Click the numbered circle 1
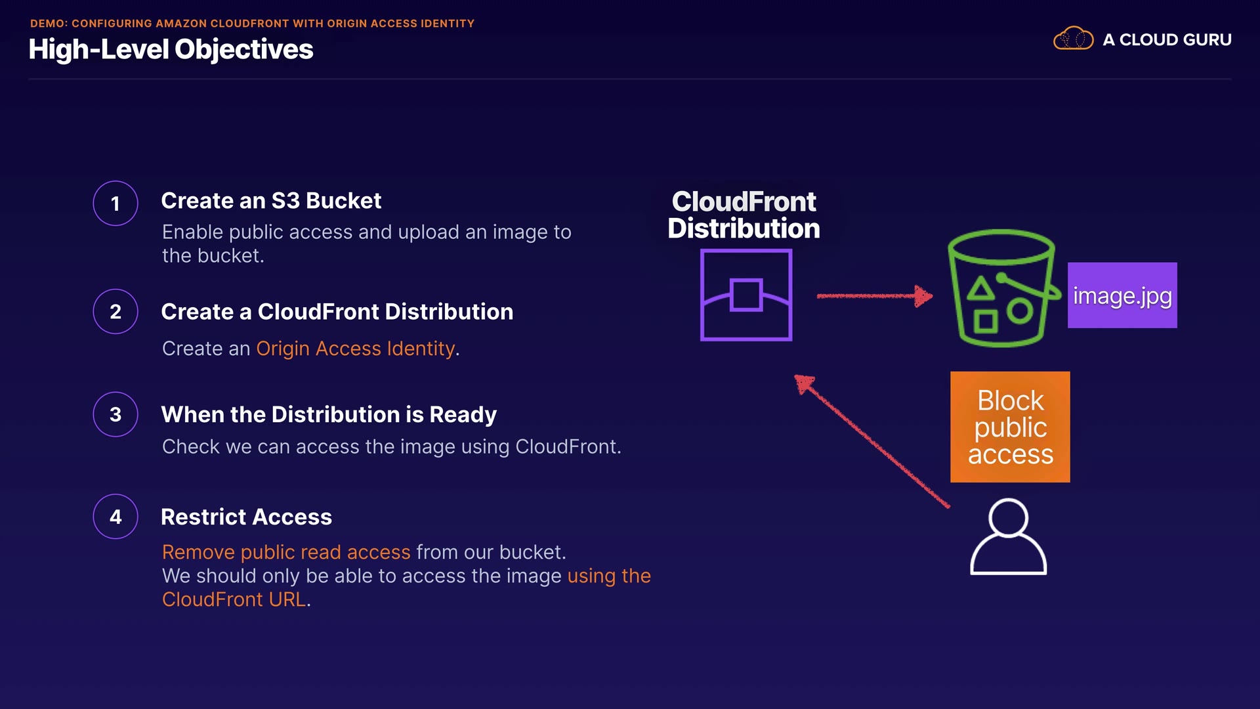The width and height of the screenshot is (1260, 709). point(115,204)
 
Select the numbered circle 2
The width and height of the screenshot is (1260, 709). point(115,311)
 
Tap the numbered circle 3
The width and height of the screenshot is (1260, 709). point(115,414)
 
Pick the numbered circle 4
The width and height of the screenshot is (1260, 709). point(115,517)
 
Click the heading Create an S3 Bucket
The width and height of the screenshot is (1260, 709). point(271,201)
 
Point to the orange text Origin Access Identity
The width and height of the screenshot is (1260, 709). point(355,349)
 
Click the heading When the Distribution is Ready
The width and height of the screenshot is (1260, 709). point(329,415)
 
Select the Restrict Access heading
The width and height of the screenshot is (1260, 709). point(246,517)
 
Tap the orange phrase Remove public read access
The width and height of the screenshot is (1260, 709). point(286,552)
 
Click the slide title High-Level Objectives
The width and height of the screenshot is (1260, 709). point(171,49)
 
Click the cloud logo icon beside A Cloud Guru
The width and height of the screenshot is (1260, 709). point(1073,39)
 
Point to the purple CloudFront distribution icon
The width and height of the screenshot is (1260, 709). point(746,295)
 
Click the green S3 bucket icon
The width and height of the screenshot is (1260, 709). point(1001,289)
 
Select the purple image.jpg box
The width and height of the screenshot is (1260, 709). point(1122,295)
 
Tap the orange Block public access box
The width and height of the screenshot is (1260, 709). point(1010,427)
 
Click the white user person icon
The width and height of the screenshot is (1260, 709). point(1008,537)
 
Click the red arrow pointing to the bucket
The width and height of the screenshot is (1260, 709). point(874,296)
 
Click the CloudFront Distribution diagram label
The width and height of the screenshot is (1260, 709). point(744,215)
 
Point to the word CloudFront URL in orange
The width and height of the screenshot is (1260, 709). point(234,599)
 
